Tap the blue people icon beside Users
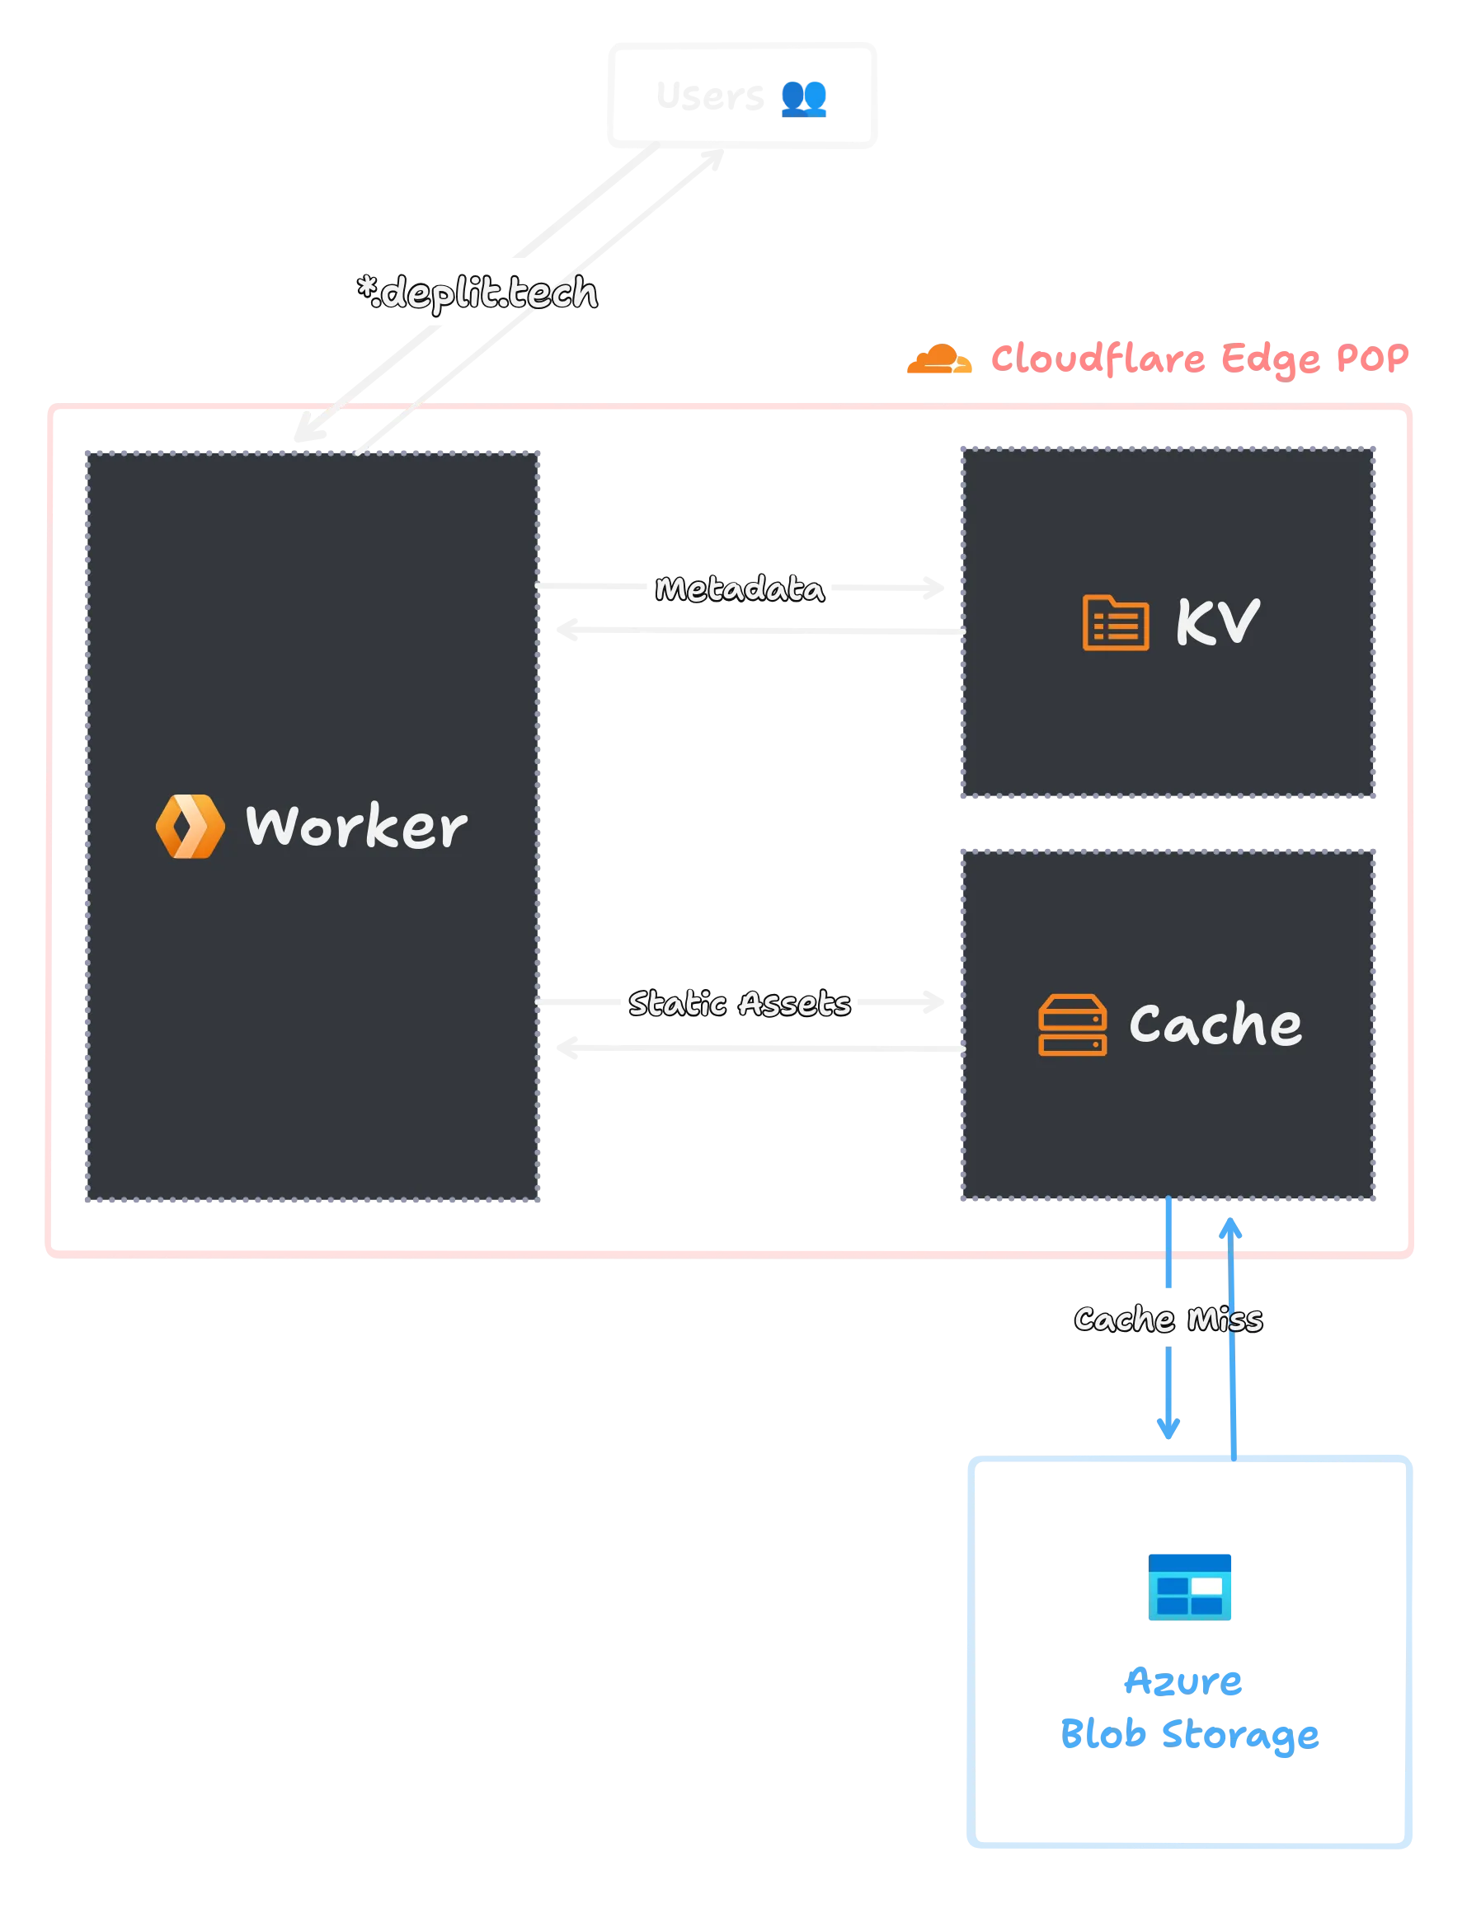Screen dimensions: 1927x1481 pos(804,98)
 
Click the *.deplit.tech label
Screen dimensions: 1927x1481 pos(477,293)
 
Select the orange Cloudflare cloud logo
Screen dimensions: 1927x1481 pos(940,359)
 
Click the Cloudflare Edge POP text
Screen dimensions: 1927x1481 pos(1200,359)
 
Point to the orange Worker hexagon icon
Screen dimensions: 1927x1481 pos(190,826)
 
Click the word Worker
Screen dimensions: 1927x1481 pos(356,827)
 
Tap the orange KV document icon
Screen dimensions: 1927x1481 pos(1115,623)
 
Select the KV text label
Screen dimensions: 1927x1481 pos(1217,622)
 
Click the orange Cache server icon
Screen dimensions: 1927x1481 pos(1072,1024)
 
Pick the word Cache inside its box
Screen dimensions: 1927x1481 pos(1215,1024)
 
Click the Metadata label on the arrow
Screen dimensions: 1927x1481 pos(739,588)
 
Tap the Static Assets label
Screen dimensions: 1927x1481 pos(739,1003)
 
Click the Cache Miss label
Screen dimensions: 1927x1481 pos(1168,1318)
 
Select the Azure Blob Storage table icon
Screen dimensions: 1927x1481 pos(1189,1586)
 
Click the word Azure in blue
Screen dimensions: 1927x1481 pos(1183,1681)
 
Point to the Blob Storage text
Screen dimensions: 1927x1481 pos(1188,1733)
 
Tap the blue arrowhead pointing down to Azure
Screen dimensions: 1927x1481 pos(1168,1428)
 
